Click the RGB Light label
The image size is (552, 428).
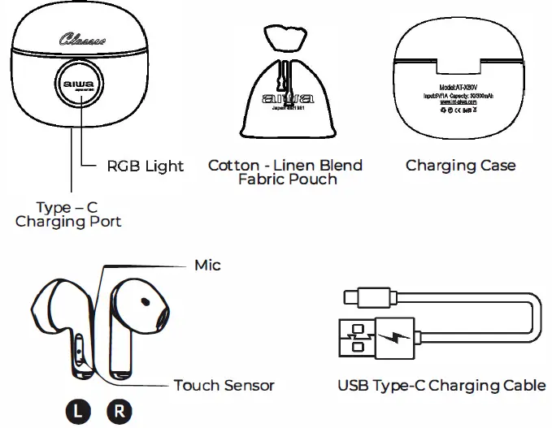(x=146, y=166)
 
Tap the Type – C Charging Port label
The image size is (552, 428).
(x=68, y=214)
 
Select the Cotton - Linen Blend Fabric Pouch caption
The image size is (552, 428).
(x=285, y=171)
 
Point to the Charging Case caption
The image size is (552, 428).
(x=460, y=166)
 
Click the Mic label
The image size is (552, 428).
(x=207, y=266)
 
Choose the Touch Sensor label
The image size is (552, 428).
(x=224, y=385)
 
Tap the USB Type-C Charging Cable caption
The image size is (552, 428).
(x=441, y=385)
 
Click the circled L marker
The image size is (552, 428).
(x=78, y=409)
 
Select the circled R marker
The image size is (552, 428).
(x=120, y=409)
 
